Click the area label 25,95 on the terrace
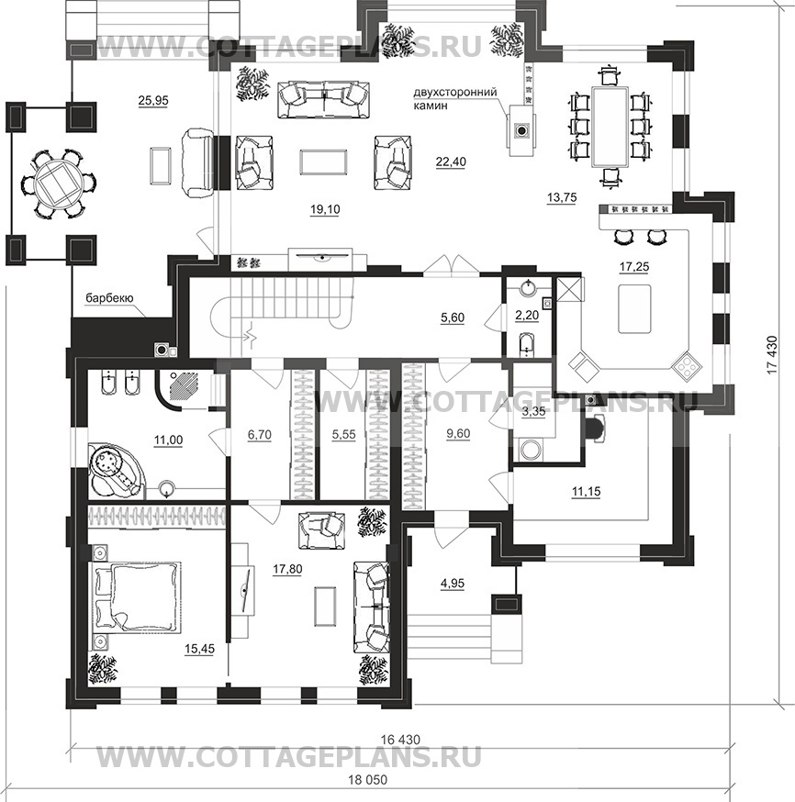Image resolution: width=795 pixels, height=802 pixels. (x=153, y=101)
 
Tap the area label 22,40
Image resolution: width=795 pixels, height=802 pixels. (x=451, y=162)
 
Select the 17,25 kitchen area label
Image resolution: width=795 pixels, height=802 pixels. (x=633, y=266)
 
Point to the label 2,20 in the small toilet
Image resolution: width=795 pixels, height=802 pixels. (x=527, y=316)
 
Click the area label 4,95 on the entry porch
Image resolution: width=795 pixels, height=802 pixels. (x=453, y=583)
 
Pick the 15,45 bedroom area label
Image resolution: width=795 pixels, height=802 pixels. (x=199, y=649)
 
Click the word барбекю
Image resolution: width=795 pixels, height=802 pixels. (x=109, y=298)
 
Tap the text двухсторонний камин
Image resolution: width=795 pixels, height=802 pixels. (x=455, y=99)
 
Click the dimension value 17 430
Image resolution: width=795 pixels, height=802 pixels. (x=772, y=354)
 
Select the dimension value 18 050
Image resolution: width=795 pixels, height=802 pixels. (x=368, y=780)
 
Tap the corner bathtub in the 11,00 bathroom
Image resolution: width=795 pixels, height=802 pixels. (x=116, y=469)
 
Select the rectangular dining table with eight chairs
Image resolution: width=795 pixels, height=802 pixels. (x=610, y=127)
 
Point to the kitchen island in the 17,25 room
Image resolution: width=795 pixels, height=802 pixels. (x=634, y=309)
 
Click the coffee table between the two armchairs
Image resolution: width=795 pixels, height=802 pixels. (x=323, y=162)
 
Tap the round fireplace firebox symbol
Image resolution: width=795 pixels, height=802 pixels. (x=521, y=130)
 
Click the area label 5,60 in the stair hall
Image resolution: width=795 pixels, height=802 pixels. (x=453, y=317)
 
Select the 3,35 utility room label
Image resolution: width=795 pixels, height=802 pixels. (x=533, y=412)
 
